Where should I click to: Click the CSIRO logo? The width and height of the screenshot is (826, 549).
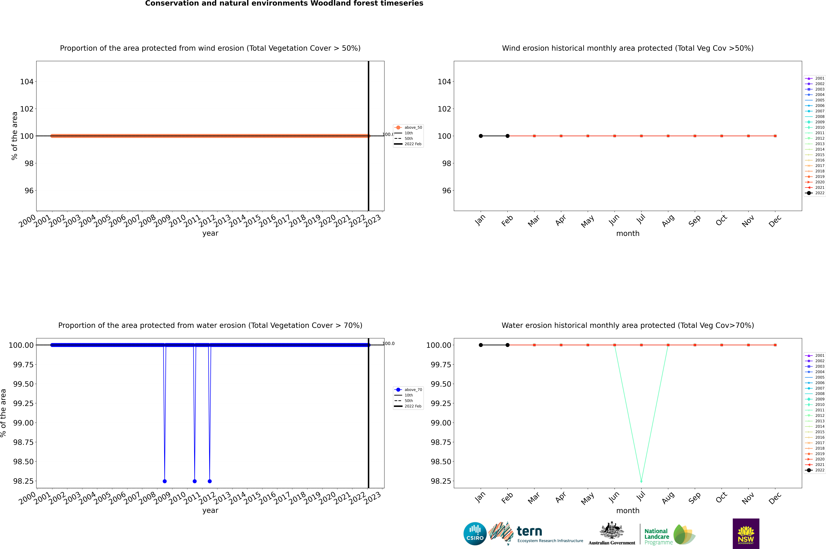point(475,534)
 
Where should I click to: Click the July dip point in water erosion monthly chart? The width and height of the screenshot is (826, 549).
point(641,481)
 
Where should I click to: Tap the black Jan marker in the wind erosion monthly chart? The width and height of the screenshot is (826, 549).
point(481,136)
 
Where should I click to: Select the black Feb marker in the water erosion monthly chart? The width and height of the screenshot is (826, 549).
point(507,345)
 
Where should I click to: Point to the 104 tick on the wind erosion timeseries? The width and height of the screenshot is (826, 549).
point(27,82)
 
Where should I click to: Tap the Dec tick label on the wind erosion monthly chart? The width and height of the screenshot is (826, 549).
point(775,221)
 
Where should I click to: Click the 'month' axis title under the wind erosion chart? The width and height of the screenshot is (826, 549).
point(627,234)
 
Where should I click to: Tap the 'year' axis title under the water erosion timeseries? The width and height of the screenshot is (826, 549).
point(210,511)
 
